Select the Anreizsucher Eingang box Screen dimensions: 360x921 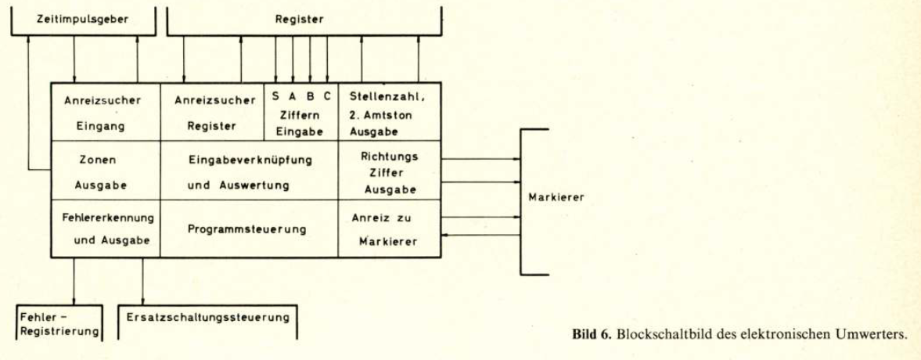click(105, 112)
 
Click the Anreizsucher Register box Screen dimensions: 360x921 click(213, 112)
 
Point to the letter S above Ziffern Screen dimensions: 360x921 click(276, 96)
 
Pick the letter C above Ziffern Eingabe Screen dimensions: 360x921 click(327, 96)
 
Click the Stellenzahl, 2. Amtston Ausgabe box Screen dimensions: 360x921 click(389, 112)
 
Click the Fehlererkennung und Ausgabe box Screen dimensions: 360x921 click(105, 229)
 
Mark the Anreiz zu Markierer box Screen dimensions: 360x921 click(389, 229)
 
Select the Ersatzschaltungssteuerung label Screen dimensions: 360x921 click(208, 318)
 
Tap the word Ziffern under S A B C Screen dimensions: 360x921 click(300, 115)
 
